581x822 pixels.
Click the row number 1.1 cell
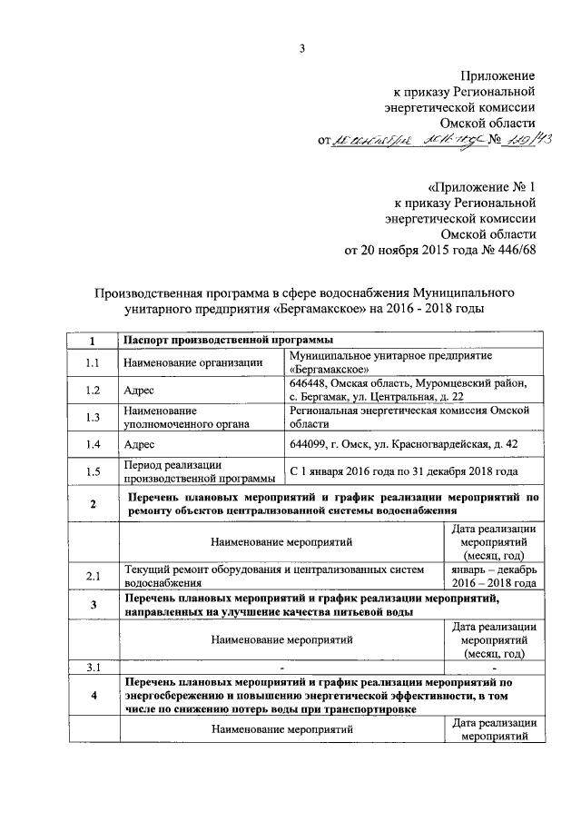coord(92,363)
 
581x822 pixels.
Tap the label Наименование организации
coord(186,363)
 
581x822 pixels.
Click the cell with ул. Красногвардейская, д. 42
coord(436,444)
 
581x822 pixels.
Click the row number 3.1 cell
coord(92,668)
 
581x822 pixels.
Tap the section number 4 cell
coord(92,696)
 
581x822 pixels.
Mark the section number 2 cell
coord(92,504)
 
